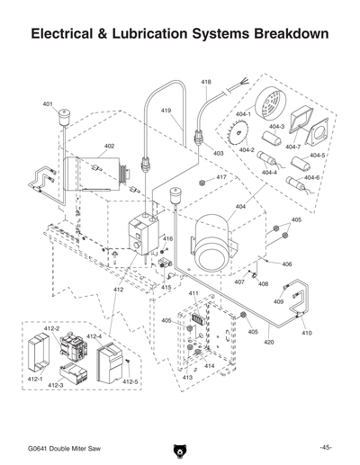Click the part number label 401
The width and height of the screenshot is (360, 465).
(x=48, y=104)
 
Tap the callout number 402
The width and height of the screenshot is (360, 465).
(x=109, y=146)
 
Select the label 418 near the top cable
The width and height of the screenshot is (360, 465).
(x=206, y=82)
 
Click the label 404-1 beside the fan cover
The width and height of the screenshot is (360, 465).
(x=242, y=116)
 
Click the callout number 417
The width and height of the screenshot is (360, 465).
(x=220, y=178)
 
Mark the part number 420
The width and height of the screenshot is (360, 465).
(x=268, y=342)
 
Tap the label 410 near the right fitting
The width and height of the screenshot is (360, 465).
(x=306, y=333)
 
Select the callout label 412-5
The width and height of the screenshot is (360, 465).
(x=131, y=382)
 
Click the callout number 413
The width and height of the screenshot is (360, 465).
(x=188, y=378)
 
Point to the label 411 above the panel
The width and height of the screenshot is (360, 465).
(x=193, y=294)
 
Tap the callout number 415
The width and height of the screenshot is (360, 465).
(x=166, y=287)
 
